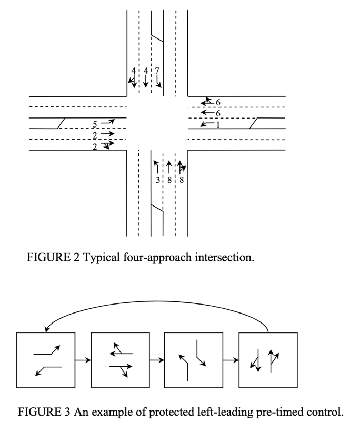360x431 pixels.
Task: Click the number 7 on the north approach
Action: [x=157, y=71]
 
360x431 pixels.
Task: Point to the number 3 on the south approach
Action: [x=157, y=179]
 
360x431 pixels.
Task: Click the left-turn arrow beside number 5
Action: [x=108, y=123]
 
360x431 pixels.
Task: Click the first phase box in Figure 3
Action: [x=46, y=360]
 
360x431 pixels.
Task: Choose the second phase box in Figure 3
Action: [x=120, y=360]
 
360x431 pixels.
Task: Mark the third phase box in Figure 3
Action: [x=194, y=360]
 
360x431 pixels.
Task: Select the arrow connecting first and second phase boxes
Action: [x=83, y=360]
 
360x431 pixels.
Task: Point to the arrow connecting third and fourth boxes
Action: [x=231, y=360]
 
